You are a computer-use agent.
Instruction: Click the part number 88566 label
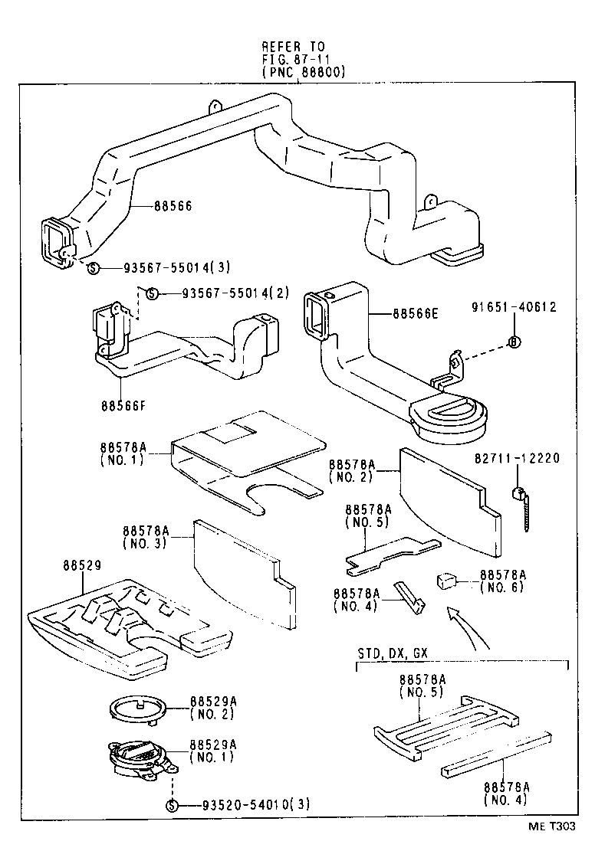(173, 206)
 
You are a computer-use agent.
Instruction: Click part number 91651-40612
(514, 308)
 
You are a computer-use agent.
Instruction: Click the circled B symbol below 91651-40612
(514, 342)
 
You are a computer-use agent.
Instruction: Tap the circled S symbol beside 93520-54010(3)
(172, 805)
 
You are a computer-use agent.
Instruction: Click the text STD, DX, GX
(393, 653)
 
